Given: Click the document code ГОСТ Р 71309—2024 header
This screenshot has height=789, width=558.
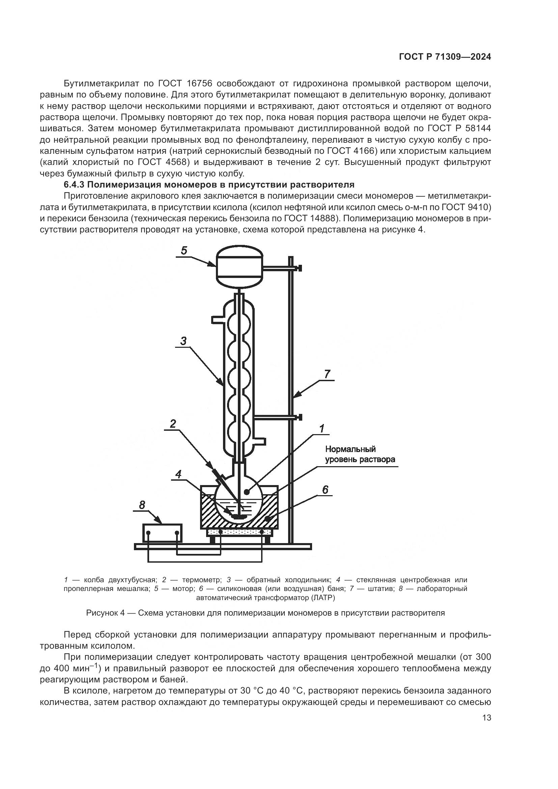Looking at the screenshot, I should point(445,57).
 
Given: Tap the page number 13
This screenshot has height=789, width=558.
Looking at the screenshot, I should point(486,718).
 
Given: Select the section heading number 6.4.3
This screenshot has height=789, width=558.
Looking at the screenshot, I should point(74,185).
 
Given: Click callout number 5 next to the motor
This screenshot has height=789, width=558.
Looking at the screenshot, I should point(184,251).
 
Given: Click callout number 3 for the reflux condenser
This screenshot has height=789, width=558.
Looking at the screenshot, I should point(184,341).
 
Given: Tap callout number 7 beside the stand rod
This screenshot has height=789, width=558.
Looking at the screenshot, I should point(327,374).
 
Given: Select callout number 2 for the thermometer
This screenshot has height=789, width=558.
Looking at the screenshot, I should point(173,424).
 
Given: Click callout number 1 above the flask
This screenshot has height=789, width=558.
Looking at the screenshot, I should point(322,428).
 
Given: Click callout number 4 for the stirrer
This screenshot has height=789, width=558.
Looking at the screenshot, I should point(178,475).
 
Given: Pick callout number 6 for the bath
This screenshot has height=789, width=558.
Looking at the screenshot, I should point(325,490).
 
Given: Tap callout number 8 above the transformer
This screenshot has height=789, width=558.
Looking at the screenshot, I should point(142,505).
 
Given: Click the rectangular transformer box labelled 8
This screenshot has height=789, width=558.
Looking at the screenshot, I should point(163,533).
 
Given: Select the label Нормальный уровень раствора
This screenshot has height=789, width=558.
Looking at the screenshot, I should point(360,454).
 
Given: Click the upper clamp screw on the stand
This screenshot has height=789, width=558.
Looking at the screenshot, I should point(300,268).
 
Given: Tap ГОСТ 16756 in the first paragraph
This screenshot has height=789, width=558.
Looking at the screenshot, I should point(185,84).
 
